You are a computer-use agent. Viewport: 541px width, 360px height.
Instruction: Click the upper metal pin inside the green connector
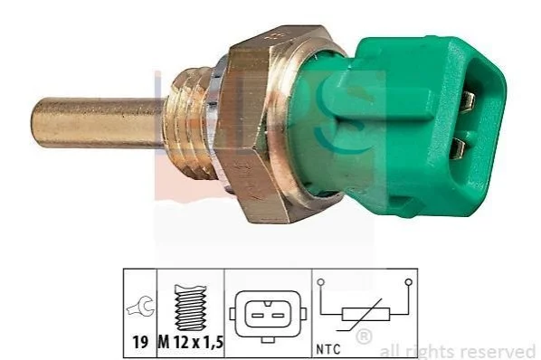click(469, 102)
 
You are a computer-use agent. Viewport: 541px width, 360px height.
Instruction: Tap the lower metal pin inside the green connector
click(460, 149)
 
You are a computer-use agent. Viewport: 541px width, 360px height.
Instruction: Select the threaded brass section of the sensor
click(192, 124)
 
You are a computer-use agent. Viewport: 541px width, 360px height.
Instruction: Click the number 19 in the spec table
click(140, 343)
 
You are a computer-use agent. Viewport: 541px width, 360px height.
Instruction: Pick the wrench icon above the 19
click(139, 307)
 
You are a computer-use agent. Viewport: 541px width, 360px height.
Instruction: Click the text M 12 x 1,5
click(191, 343)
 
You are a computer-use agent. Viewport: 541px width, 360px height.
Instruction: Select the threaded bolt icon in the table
click(190, 308)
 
